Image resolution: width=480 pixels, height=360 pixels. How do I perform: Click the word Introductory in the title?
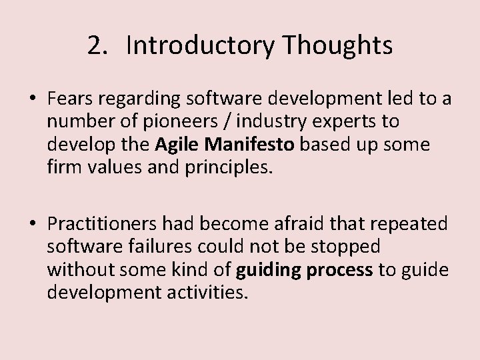pyautogui.click(x=199, y=46)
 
